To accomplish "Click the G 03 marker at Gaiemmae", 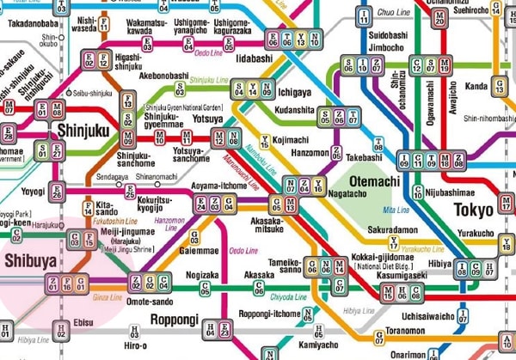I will point(194,236).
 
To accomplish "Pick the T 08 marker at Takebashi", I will point(378,143).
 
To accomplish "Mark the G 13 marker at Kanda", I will point(499,86).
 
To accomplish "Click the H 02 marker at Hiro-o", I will point(133,330).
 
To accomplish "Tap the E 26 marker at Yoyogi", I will point(58,192).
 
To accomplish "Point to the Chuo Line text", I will point(395,13).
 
